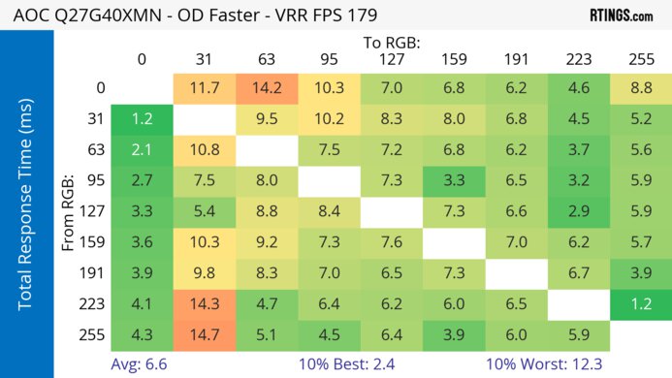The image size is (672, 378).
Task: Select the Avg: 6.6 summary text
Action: tap(144, 364)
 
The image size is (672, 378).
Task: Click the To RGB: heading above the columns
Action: tap(393, 43)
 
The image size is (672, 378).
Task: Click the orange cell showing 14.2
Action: tap(267, 87)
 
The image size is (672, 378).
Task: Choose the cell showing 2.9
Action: tap(579, 211)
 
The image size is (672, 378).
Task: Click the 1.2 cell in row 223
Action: tap(641, 305)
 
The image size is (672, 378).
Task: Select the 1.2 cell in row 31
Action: tap(143, 118)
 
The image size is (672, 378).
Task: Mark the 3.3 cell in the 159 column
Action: tap(455, 180)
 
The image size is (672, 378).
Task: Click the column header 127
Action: tap(392, 60)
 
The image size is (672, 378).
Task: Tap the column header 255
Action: tap(641, 60)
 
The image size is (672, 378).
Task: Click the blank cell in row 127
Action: tap(392, 211)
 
